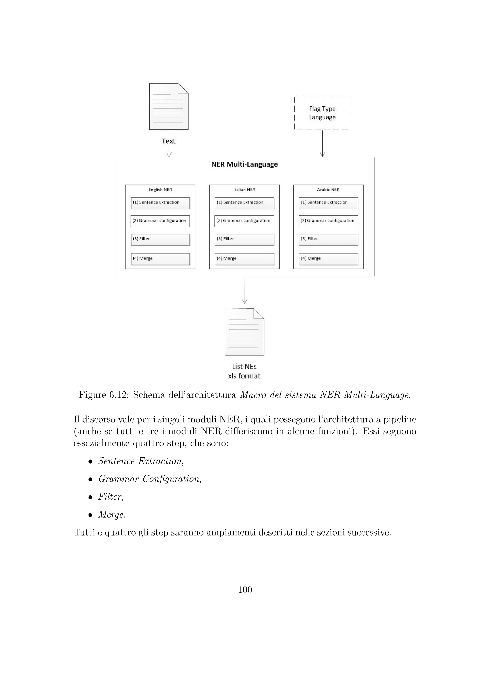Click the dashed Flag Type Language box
[x=322, y=113]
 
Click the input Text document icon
[x=169, y=106]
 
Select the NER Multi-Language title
[x=244, y=164]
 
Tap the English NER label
[x=160, y=190]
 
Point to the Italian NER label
[x=244, y=190]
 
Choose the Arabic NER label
[x=328, y=190]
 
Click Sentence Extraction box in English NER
[x=160, y=203]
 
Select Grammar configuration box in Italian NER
[x=244, y=221]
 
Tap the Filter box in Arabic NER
[x=328, y=239]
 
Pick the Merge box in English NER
[x=160, y=259]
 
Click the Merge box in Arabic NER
[x=328, y=259]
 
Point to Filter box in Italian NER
[x=244, y=239]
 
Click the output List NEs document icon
[x=244, y=332]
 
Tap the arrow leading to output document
[x=245, y=290]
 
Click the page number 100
[x=245, y=590]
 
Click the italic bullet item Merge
[x=111, y=515]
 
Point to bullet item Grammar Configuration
[x=149, y=479]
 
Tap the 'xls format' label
[x=244, y=376]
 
